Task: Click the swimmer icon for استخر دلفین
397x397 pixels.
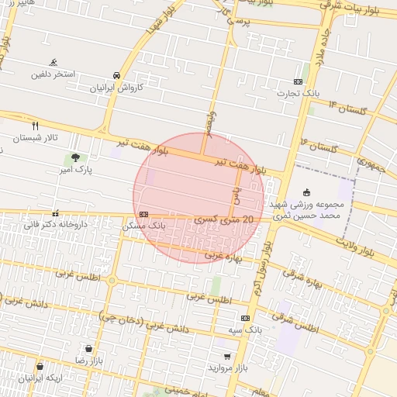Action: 54,63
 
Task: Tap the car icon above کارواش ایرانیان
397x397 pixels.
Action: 116,76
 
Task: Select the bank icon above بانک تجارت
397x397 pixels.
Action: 299,81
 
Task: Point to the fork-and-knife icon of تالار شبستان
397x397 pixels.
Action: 35,126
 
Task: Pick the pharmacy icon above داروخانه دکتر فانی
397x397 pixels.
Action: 54,212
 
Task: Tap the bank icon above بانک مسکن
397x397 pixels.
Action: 143,214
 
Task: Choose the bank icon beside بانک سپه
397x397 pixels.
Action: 246,318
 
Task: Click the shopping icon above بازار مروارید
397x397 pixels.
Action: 226,357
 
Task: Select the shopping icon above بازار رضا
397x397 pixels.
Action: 91,349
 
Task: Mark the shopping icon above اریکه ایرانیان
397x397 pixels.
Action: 40,366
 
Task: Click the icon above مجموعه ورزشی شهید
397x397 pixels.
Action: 306,192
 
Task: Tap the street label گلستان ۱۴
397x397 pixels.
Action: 344,108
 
